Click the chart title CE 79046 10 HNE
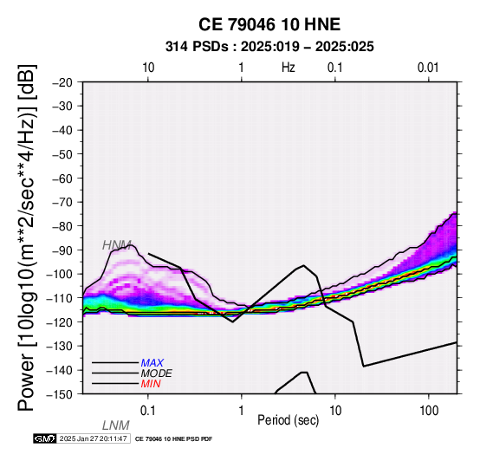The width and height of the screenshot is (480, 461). tap(269, 24)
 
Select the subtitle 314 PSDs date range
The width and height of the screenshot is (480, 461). tap(269, 47)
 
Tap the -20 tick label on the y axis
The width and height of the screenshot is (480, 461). tap(62, 82)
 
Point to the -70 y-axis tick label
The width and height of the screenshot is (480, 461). tap(62, 203)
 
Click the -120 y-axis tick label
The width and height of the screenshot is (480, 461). tap(59, 322)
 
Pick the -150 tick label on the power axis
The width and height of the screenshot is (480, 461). tap(59, 394)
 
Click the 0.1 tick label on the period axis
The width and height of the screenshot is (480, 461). tap(148, 411)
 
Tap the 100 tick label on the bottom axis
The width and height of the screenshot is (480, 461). tap(429, 411)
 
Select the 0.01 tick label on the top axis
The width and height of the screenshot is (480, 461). tap(428, 68)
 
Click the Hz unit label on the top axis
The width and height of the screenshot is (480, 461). tap(289, 68)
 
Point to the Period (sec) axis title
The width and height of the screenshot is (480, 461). tap(288, 420)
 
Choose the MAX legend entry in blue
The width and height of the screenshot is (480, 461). tap(152, 363)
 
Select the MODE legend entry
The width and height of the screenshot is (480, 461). tap(157, 373)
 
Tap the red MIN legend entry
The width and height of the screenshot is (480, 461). tap(151, 384)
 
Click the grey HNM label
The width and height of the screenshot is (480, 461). tap(117, 245)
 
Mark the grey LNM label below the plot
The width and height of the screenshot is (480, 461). tap(116, 425)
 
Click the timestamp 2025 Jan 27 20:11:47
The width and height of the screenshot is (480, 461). tap(94, 438)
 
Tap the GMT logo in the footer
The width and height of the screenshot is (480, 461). tap(45, 438)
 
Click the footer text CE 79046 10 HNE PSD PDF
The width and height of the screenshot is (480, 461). tap(173, 439)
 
